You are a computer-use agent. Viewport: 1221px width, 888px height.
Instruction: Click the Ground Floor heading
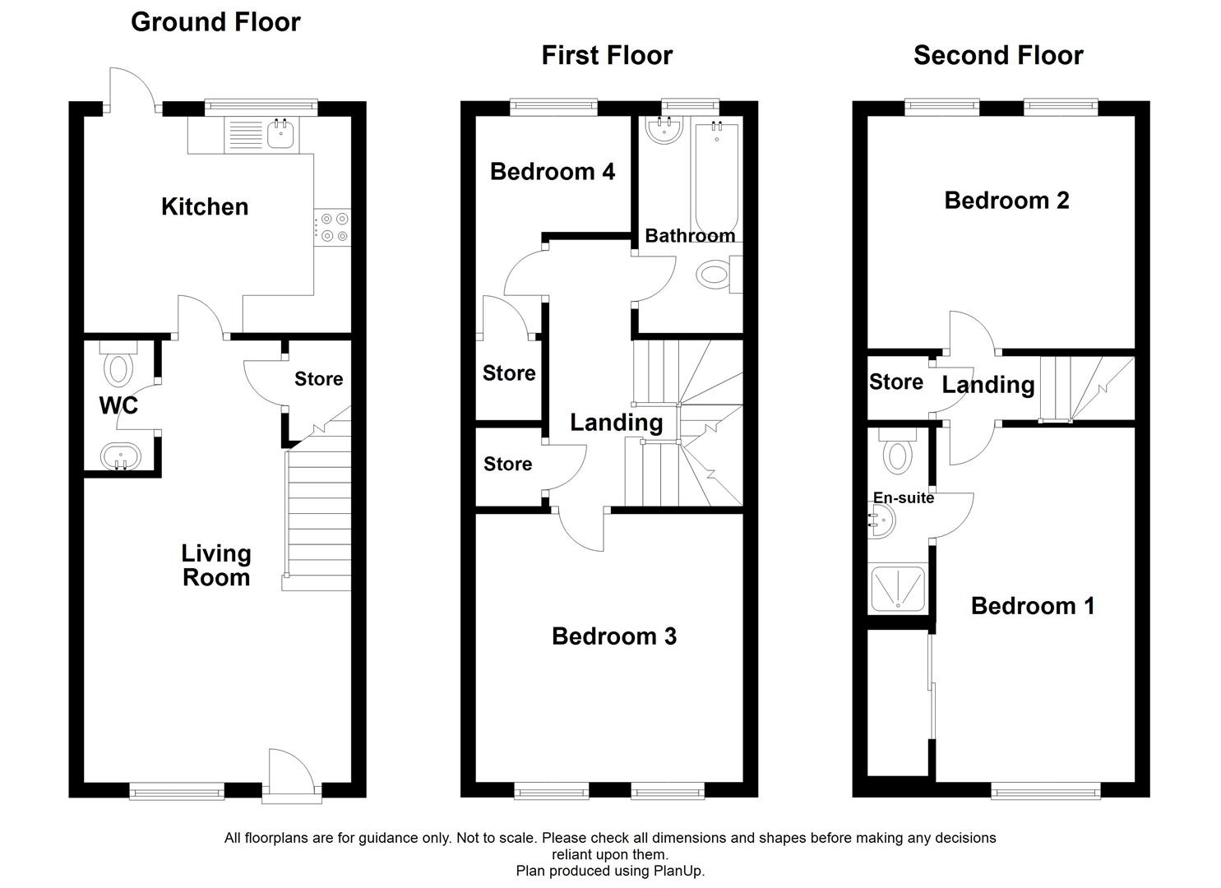(x=215, y=22)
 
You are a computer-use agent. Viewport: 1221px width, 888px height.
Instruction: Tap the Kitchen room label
(x=205, y=206)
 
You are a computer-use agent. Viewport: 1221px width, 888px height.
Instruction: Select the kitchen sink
(x=280, y=134)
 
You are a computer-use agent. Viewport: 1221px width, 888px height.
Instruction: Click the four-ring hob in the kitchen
(x=333, y=228)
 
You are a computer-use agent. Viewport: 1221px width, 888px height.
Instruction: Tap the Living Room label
(x=215, y=565)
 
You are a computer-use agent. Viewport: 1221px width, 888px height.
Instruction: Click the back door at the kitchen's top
(x=131, y=89)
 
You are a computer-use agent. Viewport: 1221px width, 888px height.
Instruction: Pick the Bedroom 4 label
(x=552, y=171)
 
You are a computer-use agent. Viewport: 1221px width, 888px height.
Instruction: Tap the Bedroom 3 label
(x=613, y=636)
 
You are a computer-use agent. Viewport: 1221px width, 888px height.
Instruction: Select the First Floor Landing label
(x=616, y=422)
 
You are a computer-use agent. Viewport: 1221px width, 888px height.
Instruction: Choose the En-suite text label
(x=903, y=497)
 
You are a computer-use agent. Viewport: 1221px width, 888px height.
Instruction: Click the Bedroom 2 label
(x=1006, y=200)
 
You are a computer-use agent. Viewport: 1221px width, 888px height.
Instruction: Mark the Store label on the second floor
(x=895, y=382)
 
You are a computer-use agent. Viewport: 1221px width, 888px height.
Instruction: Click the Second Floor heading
(x=997, y=55)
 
